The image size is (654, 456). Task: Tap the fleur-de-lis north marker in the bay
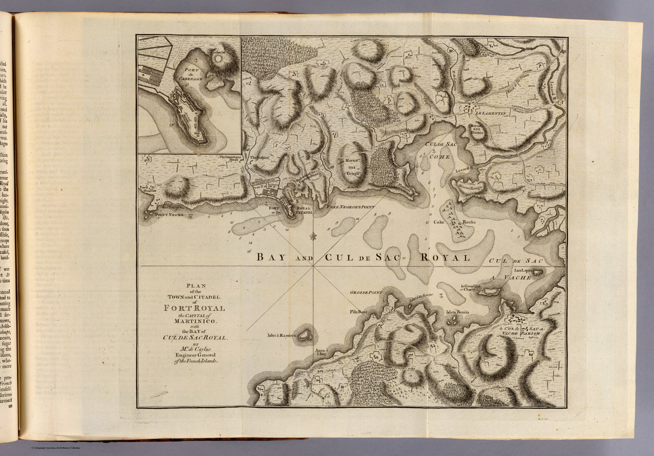point(313,235)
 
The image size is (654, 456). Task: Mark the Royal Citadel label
point(303,209)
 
